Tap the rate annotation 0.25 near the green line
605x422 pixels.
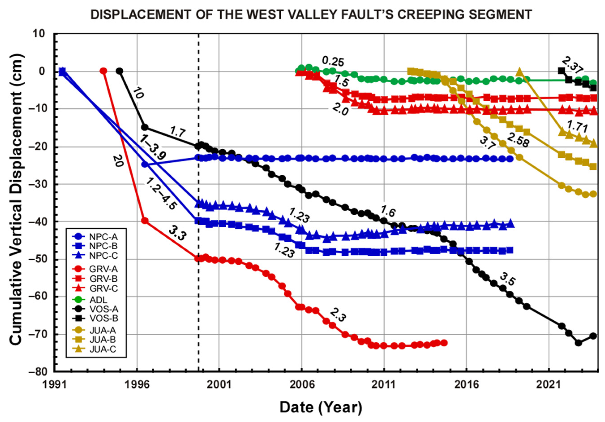[x=333, y=62]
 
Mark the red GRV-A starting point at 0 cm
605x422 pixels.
[x=104, y=71]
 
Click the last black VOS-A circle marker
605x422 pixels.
[x=593, y=336]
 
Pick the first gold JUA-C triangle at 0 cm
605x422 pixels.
[x=519, y=71]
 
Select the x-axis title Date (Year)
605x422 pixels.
[x=321, y=407]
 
